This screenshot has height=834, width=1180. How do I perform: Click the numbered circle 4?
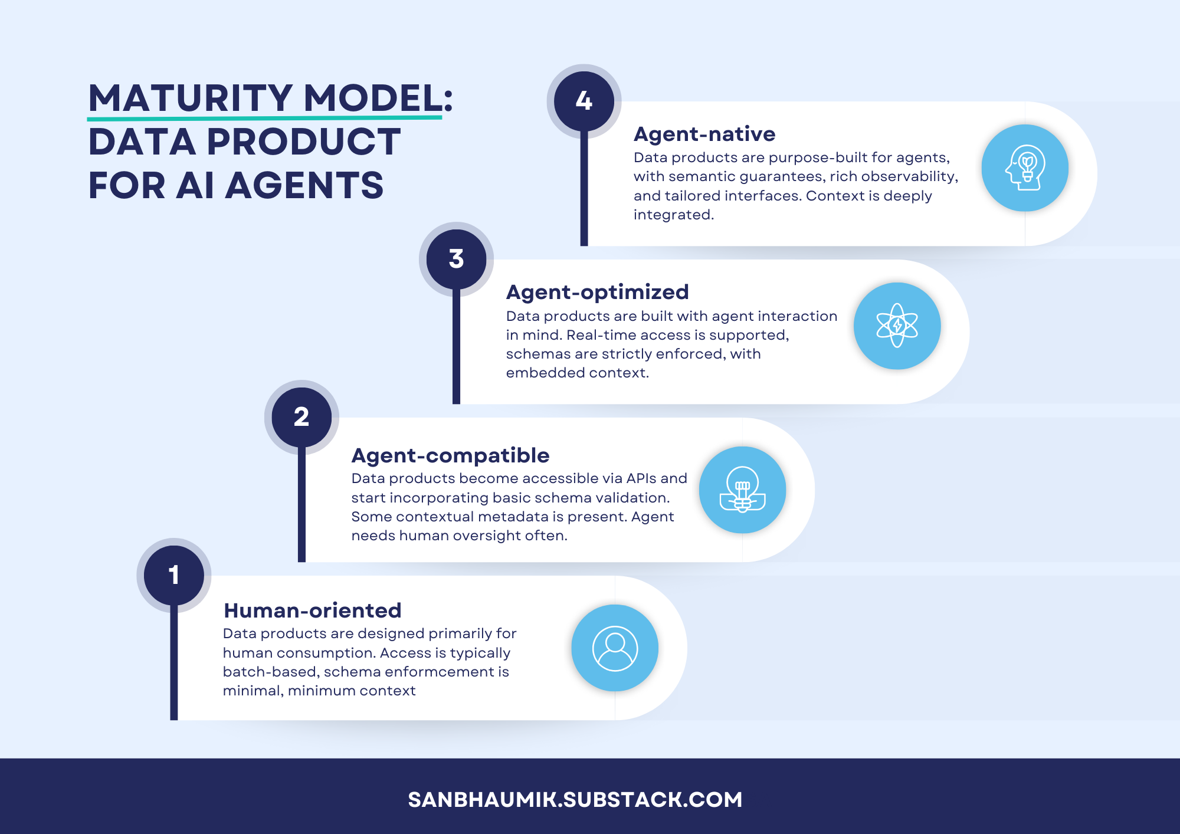click(x=584, y=101)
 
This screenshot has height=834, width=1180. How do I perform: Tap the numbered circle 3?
click(x=456, y=259)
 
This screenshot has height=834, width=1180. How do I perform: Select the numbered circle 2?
click(x=301, y=417)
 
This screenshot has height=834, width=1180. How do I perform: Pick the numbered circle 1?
click(x=173, y=575)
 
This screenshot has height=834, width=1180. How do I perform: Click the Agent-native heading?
click(x=704, y=134)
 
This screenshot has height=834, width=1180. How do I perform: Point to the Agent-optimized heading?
click(x=597, y=292)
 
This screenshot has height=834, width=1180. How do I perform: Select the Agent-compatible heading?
click(x=450, y=455)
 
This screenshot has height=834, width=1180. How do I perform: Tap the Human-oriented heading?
click(x=312, y=610)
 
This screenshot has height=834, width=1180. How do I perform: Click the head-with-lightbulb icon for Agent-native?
click(x=1025, y=168)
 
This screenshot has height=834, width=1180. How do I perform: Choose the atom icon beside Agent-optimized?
click(x=897, y=326)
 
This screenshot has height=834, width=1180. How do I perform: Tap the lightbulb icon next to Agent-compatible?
click(x=742, y=490)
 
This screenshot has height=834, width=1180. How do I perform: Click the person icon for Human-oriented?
click(x=615, y=648)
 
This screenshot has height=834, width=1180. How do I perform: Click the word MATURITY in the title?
click(x=191, y=98)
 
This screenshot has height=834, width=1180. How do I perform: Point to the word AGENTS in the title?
click(x=304, y=185)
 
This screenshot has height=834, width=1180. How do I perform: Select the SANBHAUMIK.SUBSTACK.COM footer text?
click(x=575, y=800)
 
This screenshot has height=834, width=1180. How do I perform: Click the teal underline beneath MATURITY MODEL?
click(x=264, y=118)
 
